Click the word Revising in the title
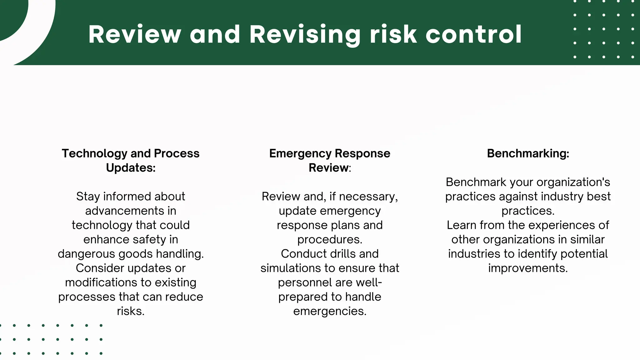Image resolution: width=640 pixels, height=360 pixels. [x=305, y=35]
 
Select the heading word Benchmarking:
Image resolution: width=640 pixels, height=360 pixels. [x=528, y=153]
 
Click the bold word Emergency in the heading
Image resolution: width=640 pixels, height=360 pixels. [x=299, y=153]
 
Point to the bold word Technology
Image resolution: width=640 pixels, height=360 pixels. [x=94, y=153]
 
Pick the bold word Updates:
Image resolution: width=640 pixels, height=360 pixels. [x=131, y=168]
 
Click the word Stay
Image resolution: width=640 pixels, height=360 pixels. [x=88, y=197]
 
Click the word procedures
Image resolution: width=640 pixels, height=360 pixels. [x=330, y=240]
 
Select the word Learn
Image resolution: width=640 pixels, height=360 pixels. [x=462, y=225]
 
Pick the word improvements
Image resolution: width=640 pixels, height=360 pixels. [x=528, y=268]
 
